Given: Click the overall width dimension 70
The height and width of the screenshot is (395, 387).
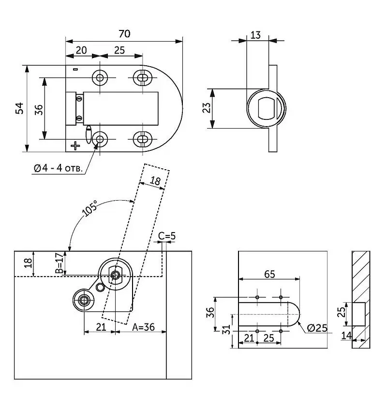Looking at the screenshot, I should tap(124, 34).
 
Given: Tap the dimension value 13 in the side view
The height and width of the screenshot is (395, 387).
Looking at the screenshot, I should tap(256, 35).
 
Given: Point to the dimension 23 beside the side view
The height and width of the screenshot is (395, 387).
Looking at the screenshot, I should tap(206, 108).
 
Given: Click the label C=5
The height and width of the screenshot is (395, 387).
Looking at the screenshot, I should tap(167, 236).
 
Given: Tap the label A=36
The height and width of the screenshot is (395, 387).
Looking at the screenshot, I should tap(143, 327).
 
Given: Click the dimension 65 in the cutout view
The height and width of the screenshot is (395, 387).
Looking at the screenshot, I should tap(269, 274).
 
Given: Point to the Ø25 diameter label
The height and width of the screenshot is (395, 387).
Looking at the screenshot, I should tap(317, 328).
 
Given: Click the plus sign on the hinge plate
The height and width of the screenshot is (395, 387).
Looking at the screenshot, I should tap(75, 145).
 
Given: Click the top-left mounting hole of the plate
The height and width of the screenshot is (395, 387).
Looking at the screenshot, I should tap(101, 77).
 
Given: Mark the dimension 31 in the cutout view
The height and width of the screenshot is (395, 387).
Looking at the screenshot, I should tap(224, 330).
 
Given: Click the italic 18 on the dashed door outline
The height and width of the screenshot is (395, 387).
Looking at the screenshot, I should tap(155, 181).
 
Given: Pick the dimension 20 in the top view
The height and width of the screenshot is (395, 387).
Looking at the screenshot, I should tap(82, 50).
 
